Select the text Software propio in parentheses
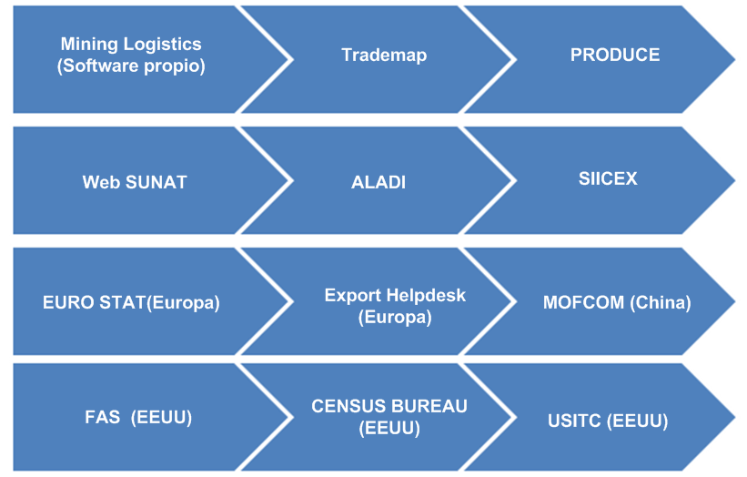tap(131, 66)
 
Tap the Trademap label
tap(384, 56)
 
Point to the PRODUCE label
tap(615, 55)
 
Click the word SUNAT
tap(156, 182)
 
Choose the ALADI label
tap(379, 182)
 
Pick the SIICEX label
tap(608, 178)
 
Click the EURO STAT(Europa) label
tap(131, 302)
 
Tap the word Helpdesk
tap(426, 296)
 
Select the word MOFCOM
tap(583, 302)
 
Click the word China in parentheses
tap(661, 302)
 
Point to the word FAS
tap(103, 418)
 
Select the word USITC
tap(574, 421)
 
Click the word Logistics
tap(163, 45)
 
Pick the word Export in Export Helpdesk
tap(353, 296)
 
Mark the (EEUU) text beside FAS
tap(161, 418)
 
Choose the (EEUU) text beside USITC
tap(638, 421)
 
